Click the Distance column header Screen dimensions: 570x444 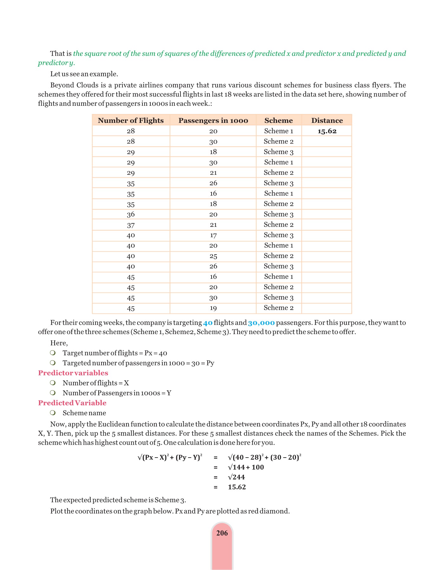pyautogui.click(x=327, y=120)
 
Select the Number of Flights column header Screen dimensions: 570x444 pyautogui.click(x=131, y=120)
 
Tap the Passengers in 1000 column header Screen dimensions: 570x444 pyautogui.click(x=213, y=120)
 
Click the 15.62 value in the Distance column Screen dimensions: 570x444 pyautogui.click(x=327, y=131)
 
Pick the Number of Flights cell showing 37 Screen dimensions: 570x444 pyautogui.click(x=131, y=225)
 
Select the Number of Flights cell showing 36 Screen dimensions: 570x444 pyautogui.click(x=131, y=215)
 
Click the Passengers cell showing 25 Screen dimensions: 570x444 pyautogui.click(x=213, y=256)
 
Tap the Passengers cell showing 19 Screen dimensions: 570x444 pyautogui.click(x=213, y=308)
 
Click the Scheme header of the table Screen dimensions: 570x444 pyautogui.click(x=278, y=120)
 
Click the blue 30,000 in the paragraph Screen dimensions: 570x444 pyautogui.click(x=261, y=323)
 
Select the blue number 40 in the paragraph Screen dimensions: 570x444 pyautogui.click(x=208, y=323)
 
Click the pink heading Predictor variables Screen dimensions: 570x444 pyautogui.click(x=73, y=373)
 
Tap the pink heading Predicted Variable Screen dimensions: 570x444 pyautogui.click(x=72, y=403)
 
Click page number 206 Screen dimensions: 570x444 pyautogui.click(x=222, y=533)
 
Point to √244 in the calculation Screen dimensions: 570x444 pyautogui.click(x=237, y=477)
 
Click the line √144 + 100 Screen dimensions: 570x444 pyautogui.click(x=246, y=467)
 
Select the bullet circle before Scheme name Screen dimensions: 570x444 pyautogui.click(x=53, y=413)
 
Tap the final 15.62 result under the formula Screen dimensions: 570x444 pyautogui.click(x=237, y=487)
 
